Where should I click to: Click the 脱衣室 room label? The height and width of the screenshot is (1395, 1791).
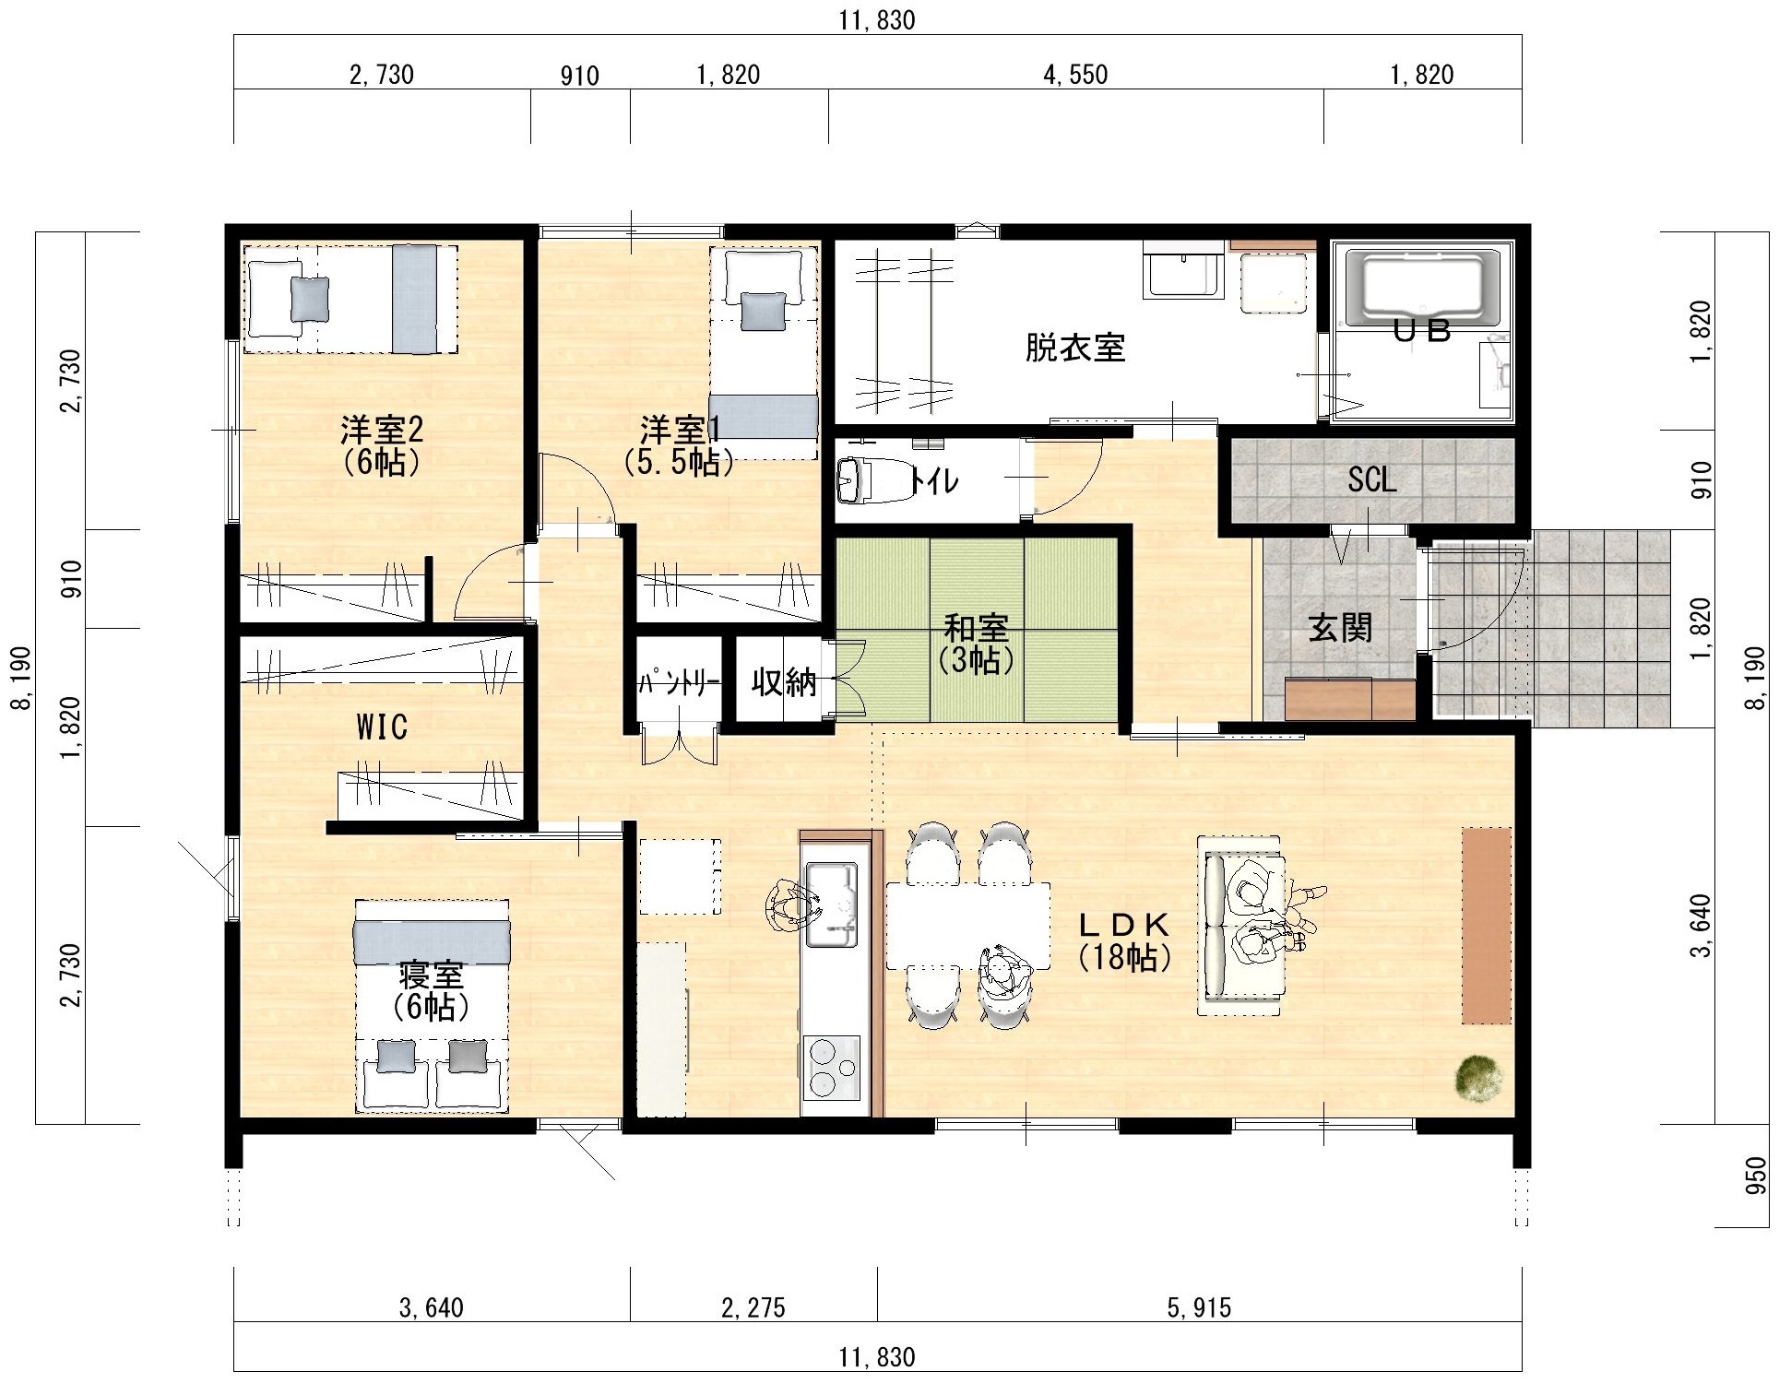[x=1075, y=348]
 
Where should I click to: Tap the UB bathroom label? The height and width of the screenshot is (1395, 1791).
[x=1421, y=330]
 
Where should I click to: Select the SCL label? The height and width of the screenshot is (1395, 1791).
[x=1371, y=479]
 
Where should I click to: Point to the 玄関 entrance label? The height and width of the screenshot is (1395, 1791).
[x=1341, y=628]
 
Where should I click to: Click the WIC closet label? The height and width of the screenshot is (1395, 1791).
[x=382, y=727]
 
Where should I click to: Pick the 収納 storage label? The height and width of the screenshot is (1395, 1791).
[x=784, y=681]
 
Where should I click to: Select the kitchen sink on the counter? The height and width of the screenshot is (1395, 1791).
[x=832, y=904]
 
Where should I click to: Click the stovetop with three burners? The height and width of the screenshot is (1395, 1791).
[x=831, y=1068]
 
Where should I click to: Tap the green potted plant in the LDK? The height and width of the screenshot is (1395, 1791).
[x=1479, y=1078]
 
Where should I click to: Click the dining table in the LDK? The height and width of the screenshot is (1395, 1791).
[x=968, y=926]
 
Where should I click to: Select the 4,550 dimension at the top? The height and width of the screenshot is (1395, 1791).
[x=1075, y=75]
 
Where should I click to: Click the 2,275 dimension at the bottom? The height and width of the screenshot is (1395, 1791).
[x=753, y=1307]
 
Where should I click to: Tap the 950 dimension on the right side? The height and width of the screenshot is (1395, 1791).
[x=1756, y=1176]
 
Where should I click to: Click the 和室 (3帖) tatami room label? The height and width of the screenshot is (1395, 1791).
[x=976, y=644]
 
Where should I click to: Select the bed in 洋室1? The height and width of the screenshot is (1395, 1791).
[x=764, y=352]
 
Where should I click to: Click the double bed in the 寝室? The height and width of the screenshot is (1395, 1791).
[x=432, y=1006]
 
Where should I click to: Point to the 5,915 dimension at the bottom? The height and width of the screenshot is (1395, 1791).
[x=1199, y=1307]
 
